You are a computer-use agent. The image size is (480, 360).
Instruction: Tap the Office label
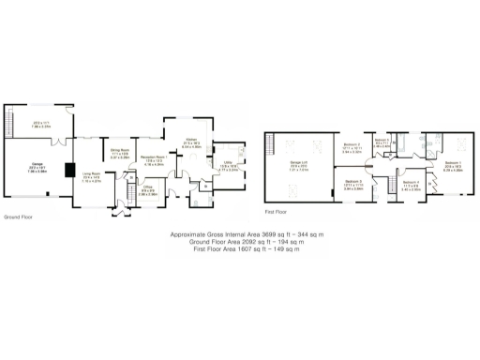[147, 187]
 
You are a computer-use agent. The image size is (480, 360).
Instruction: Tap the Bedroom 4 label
[411, 184]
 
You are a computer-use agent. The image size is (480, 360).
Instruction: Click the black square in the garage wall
[69, 171]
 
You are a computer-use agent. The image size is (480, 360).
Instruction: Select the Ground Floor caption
[18, 216]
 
